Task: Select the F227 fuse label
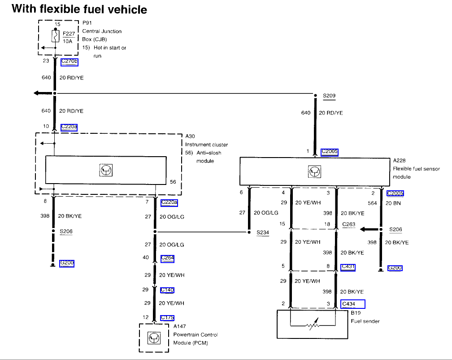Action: (69, 33)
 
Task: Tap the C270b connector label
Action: (69, 62)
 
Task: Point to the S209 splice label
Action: (329, 96)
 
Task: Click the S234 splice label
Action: (263, 233)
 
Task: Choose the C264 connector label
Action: (167, 258)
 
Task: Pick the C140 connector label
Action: (167, 290)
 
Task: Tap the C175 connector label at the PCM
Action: (167, 318)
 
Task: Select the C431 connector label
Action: (348, 267)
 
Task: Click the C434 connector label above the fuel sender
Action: (352, 304)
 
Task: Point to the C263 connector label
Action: (348, 224)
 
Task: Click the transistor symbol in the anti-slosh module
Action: (106, 170)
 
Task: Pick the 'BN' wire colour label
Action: (397, 203)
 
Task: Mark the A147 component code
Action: (179, 326)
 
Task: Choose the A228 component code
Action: (399, 161)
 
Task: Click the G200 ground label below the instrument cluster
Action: (67, 263)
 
